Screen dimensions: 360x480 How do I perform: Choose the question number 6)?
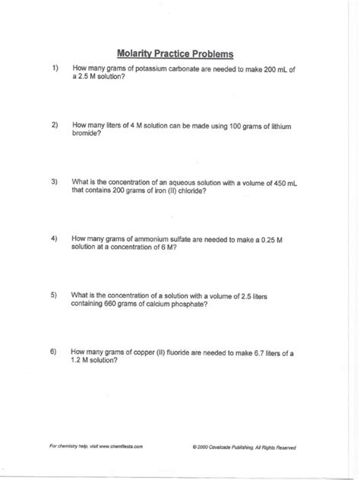coord(54,352)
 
